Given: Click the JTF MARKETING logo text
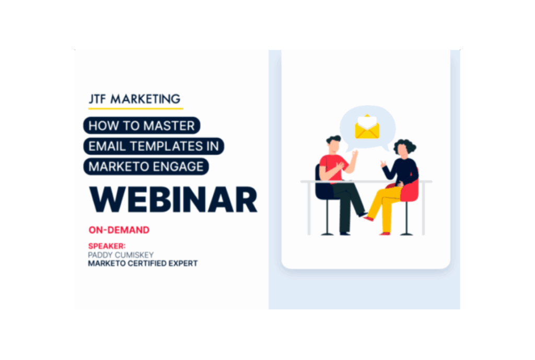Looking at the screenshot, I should coord(135,99).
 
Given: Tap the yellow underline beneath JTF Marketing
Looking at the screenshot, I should coord(135,108).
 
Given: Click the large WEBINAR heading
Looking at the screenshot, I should coord(173,200).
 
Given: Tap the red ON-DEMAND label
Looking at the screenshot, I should coord(119,230).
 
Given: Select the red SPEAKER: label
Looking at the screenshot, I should coord(107,246).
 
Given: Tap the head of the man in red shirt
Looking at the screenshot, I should coord(334,144).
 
